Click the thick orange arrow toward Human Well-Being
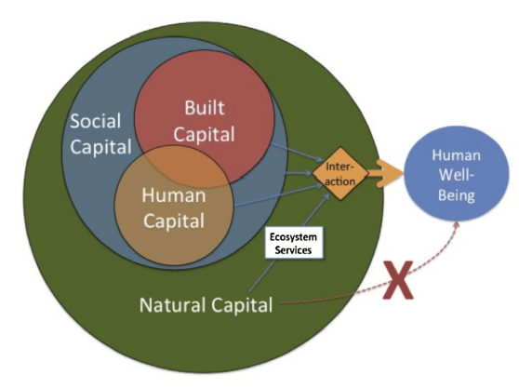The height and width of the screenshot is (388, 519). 383,173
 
